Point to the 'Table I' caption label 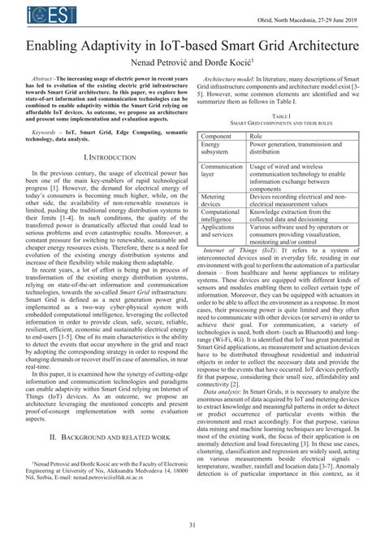(282, 117)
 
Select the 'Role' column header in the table (256, 135)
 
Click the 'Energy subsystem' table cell (216, 148)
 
